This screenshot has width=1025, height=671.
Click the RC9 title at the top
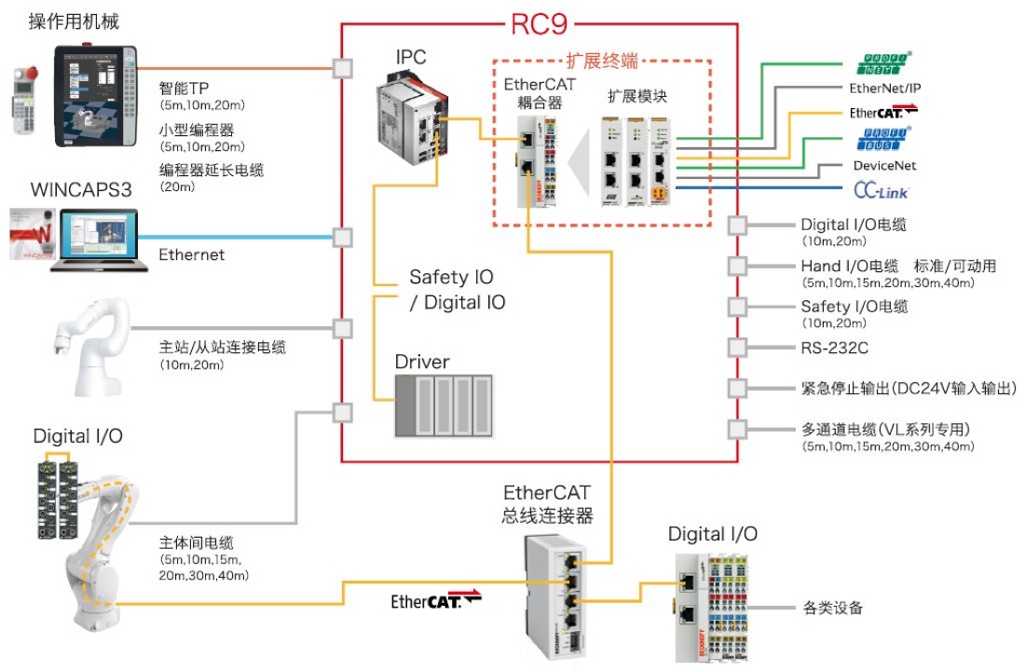click(x=540, y=21)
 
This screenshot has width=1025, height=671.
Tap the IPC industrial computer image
click(x=412, y=118)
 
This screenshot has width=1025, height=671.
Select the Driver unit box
click(x=444, y=404)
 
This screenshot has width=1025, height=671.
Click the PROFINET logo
click(x=882, y=62)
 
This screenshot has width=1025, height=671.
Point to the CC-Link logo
click(x=881, y=190)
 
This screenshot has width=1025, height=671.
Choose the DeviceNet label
click(x=884, y=165)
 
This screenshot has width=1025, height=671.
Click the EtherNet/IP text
click(x=885, y=89)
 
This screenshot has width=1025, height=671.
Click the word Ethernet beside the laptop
click(x=191, y=254)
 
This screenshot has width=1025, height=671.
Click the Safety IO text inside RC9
click(x=451, y=278)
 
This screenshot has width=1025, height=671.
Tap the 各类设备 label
click(x=832, y=609)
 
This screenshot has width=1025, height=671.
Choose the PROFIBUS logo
click(x=882, y=140)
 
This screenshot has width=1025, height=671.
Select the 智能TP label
click(x=184, y=89)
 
